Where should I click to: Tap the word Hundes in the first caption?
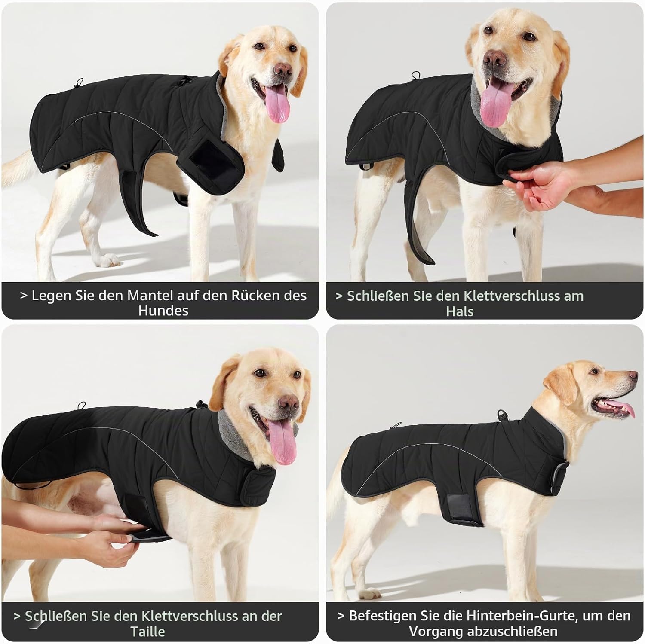tap(163, 311)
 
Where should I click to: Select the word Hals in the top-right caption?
tap(460, 311)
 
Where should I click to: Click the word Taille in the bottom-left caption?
tap(147, 632)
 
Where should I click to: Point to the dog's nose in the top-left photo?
tap(283, 69)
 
